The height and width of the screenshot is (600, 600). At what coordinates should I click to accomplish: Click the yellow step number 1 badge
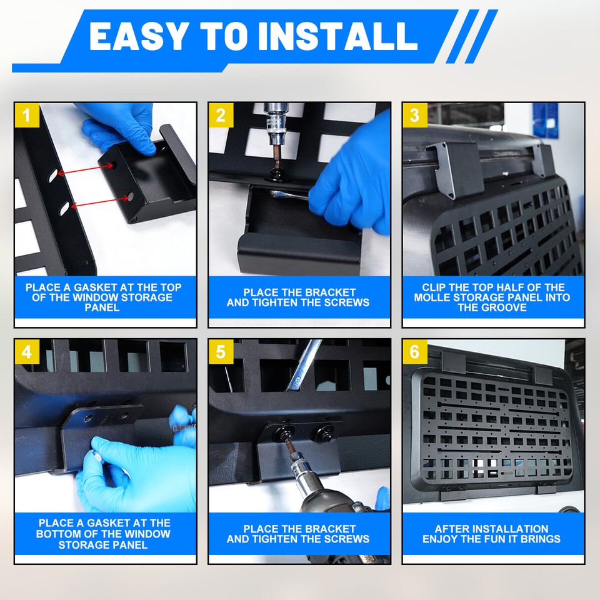click(x=26, y=115)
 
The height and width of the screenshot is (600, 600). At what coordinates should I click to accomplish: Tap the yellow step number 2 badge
click(x=221, y=115)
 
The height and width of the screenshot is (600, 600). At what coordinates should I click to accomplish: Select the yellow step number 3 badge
click(x=414, y=115)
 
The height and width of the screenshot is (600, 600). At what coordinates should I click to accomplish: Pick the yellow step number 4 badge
click(x=26, y=351)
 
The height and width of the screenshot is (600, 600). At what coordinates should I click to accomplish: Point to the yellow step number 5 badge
click(x=221, y=351)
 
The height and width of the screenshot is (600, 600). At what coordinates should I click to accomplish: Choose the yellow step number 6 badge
click(x=414, y=351)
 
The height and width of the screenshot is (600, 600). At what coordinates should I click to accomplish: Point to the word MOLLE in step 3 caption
click(x=434, y=297)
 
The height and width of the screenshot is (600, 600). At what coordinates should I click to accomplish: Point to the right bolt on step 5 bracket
click(x=325, y=431)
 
